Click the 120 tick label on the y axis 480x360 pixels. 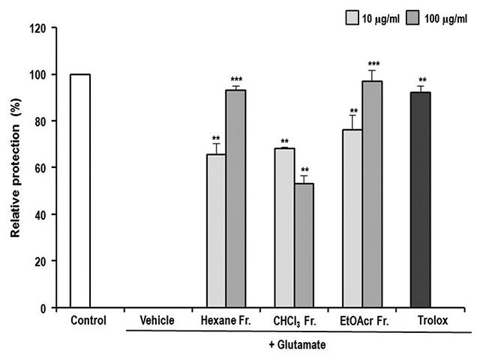[x=37, y=28]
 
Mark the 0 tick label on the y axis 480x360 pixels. [x=43, y=307]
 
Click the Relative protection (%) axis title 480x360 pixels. [x=14, y=168]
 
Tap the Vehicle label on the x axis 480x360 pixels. [x=157, y=320]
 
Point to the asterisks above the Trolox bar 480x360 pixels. [x=424, y=80]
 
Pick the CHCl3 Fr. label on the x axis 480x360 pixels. [x=294, y=321]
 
